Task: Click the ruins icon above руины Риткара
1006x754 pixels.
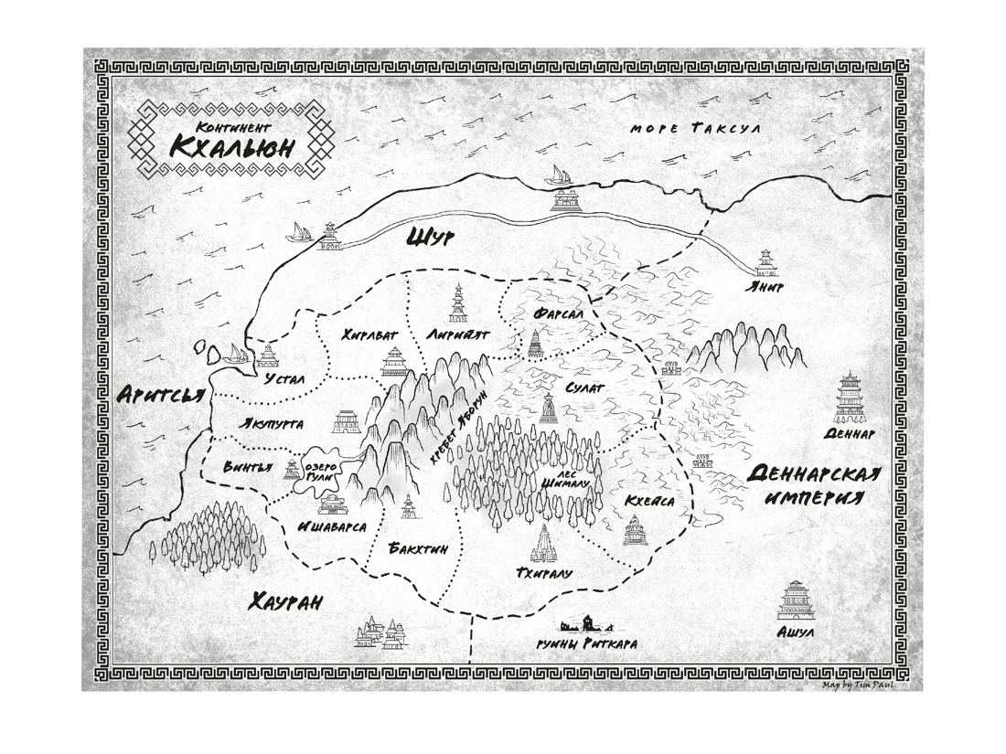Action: click(x=586, y=624)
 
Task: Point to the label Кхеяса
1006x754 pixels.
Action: click(x=651, y=502)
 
